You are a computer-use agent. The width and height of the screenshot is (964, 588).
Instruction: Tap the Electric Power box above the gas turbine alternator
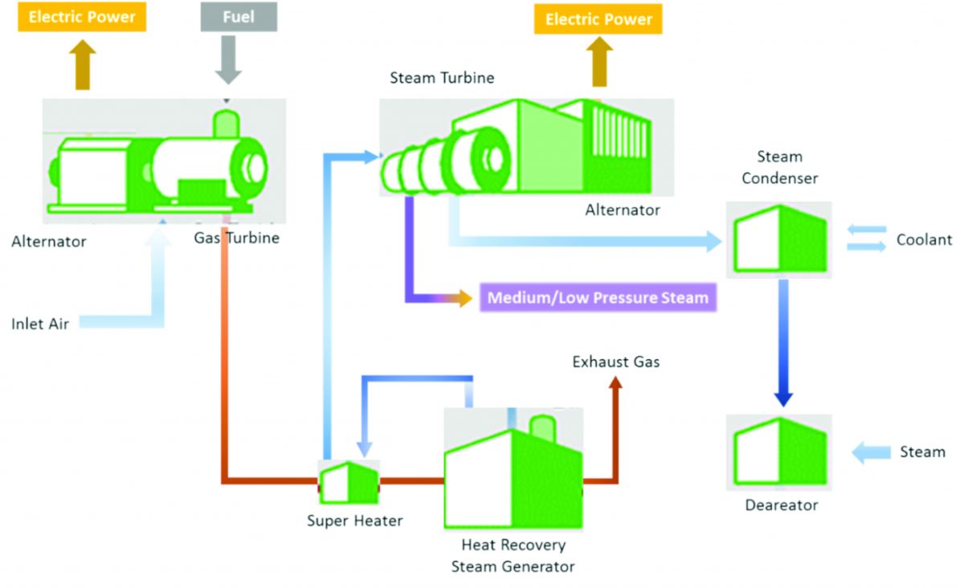click(82, 17)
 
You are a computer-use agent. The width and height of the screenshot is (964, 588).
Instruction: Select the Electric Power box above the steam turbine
click(598, 19)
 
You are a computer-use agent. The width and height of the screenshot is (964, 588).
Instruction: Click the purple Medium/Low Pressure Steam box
click(598, 298)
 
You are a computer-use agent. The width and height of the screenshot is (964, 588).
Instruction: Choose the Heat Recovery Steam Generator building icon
click(513, 468)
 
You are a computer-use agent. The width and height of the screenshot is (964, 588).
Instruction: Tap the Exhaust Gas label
click(616, 362)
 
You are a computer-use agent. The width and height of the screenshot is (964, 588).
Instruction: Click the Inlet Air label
click(40, 325)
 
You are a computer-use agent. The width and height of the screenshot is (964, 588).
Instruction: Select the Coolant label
click(924, 239)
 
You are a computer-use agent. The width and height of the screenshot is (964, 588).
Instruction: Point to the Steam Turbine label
click(442, 78)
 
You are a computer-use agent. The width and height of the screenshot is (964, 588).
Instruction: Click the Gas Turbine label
click(236, 238)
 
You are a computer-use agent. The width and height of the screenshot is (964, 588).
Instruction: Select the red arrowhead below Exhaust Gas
click(616, 384)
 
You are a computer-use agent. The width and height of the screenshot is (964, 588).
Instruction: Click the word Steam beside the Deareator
click(922, 452)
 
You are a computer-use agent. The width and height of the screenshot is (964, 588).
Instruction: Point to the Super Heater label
click(354, 521)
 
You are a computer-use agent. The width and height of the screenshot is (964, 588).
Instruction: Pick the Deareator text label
click(781, 505)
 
